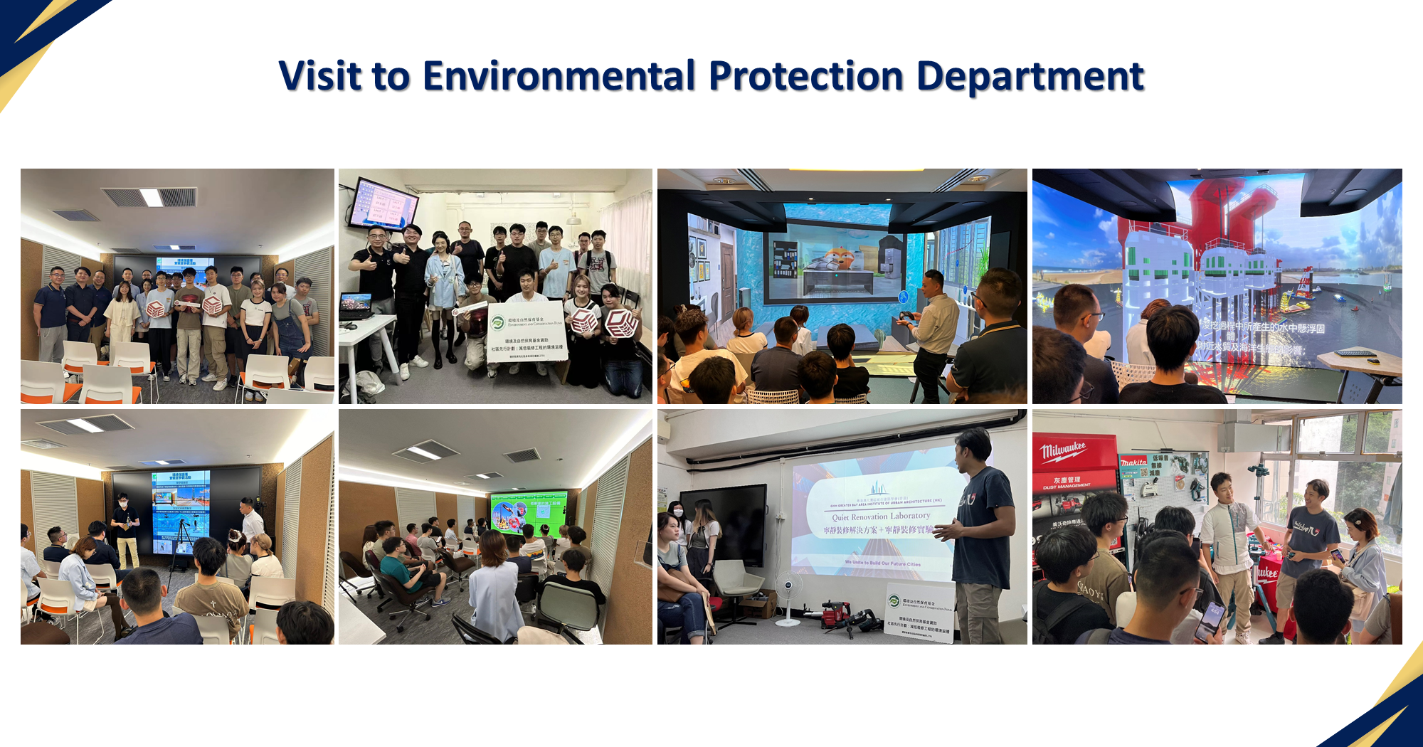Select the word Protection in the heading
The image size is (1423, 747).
pyautogui.click(x=805, y=76)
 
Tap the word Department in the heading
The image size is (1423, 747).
pyautogui.click(x=1030, y=76)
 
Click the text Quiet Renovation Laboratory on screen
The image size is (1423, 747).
pyautogui.click(x=881, y=516)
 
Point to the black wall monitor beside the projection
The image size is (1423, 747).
pyautogui.click(x=723, y=523)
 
